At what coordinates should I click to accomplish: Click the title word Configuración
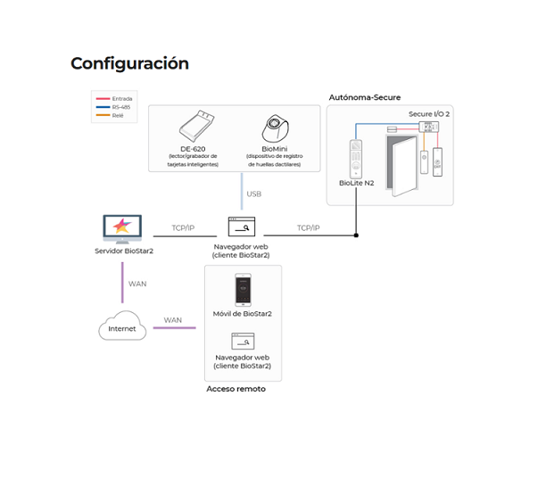(129, 63)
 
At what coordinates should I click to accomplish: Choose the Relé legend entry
(116, 115)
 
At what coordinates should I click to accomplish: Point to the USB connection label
(254, 194)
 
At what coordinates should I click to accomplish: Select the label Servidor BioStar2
(124, 251)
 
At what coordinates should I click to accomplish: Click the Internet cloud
(122, 328)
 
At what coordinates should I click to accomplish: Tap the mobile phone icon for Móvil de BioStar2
(242, 290)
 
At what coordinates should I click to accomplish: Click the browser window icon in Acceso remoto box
(243, 342)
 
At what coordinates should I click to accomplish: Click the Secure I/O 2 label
(428, 115)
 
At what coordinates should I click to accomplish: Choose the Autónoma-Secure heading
(364, 96)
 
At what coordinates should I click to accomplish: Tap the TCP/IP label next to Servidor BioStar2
(183, 228)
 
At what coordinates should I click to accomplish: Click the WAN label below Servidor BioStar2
(137, 284)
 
